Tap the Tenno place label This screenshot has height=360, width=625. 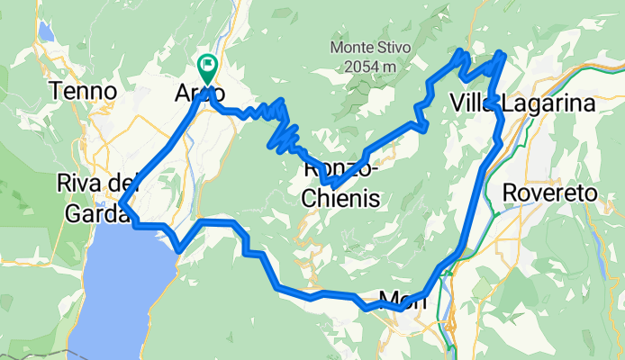click(x=84, y=91)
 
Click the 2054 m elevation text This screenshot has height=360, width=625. click(x=369, y=66)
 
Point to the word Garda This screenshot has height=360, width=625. click(x=94, y=214)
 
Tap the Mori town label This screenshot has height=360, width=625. click(x=402, y=299)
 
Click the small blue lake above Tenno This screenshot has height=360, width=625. click(x=46, y=34)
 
